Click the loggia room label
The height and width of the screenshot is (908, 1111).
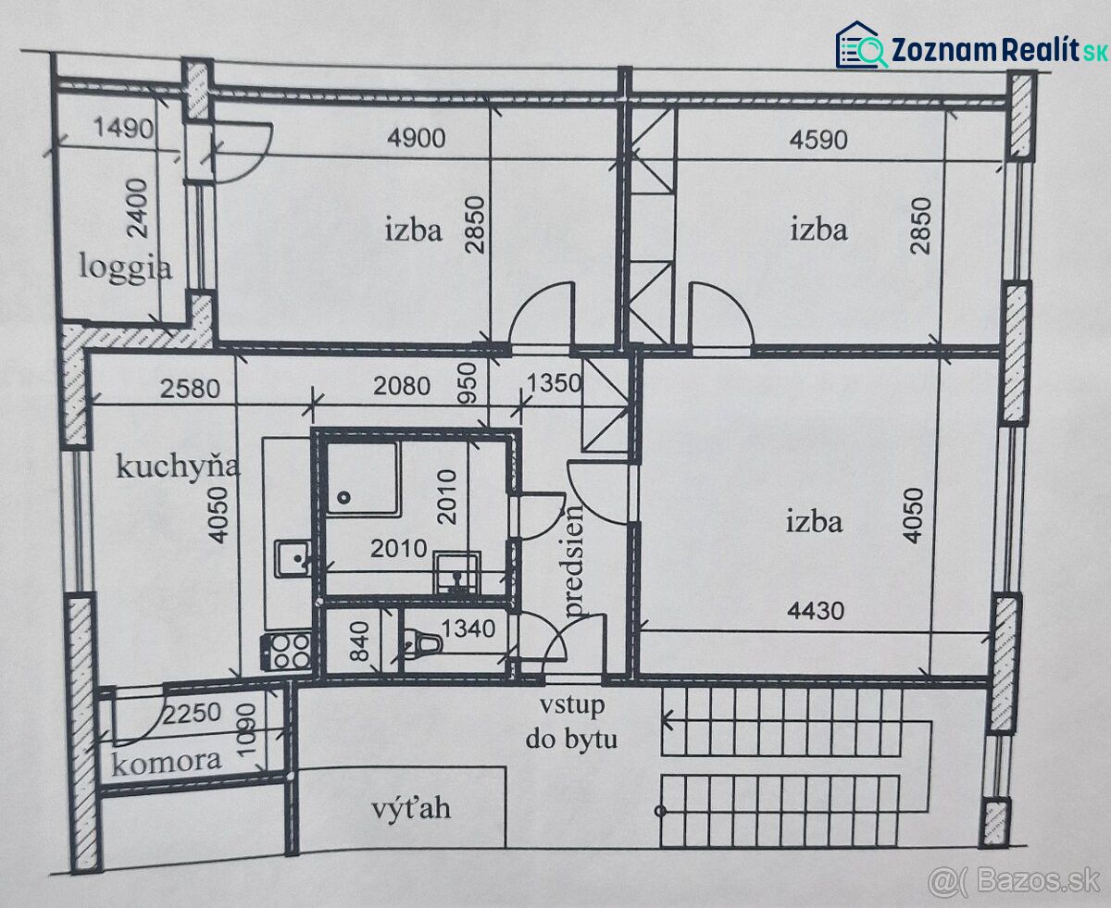125,267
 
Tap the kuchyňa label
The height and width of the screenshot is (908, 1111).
178,466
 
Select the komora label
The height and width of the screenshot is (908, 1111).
167,762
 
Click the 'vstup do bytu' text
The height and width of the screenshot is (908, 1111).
571,723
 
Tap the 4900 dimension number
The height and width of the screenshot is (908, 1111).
417,138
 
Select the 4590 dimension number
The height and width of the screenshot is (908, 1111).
818,140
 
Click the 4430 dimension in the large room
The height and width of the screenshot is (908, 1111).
816,611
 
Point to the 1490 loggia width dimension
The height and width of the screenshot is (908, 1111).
124,128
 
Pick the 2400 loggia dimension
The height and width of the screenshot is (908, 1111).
139,208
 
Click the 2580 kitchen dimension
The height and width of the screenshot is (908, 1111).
190,389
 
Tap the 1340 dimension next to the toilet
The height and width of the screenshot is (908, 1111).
468,628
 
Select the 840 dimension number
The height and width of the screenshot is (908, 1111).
360,641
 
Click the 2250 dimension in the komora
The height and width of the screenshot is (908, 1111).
192,713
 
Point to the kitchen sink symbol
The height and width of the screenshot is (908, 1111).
293,558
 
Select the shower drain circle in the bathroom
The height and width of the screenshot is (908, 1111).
344,497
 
